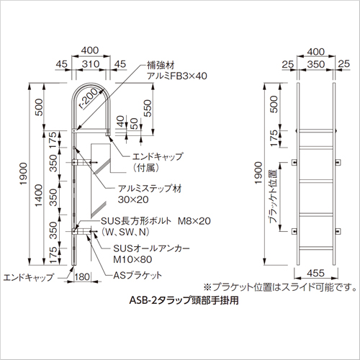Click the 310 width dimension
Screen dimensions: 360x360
pyautogui.click(x=91, y=64)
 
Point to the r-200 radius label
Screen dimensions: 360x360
pyautogui.click(x=89, y=99)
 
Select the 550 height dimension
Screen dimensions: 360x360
pyautogui.click(x=148, y=108)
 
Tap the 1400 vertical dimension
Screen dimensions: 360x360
pyautogui.click(x=39, y=195)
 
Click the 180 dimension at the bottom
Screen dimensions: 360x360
pyautogui.click(x=82, y=276)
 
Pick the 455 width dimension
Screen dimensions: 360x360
pyautogui.click(x=315, y=273)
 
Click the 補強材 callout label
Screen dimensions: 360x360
pyautogui.click(x=161, y=66)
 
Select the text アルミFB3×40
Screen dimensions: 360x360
pyautogui.click(x=177, y=76)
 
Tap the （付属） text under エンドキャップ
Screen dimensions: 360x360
pyautogui.click(x=146, y=168)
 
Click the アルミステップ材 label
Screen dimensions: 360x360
pyautogui.click(x=150, y=189)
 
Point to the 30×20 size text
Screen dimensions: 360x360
pyautogui.click(x=133, y=199)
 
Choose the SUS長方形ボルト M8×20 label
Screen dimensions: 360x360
pyautogui.click(x=156, y=221)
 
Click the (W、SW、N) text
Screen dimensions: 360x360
pyautogui.click(x=125, y=232)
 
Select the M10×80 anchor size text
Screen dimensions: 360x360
pyautogui.click(x=132, y=259)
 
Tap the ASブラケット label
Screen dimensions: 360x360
pyautogui.click(x=138, y=275)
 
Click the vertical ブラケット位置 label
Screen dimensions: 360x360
pyautogui.click(x=273, y=196)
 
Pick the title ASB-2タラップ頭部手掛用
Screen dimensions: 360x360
pyautogui.click(x=184, y=300)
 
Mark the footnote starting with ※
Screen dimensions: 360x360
pyautogui.click(x=280, y=287)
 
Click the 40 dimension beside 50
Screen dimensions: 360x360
pyautogui.click(x=122, y=121)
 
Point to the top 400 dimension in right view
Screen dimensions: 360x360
pyautogui.click(x=316, y=52)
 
